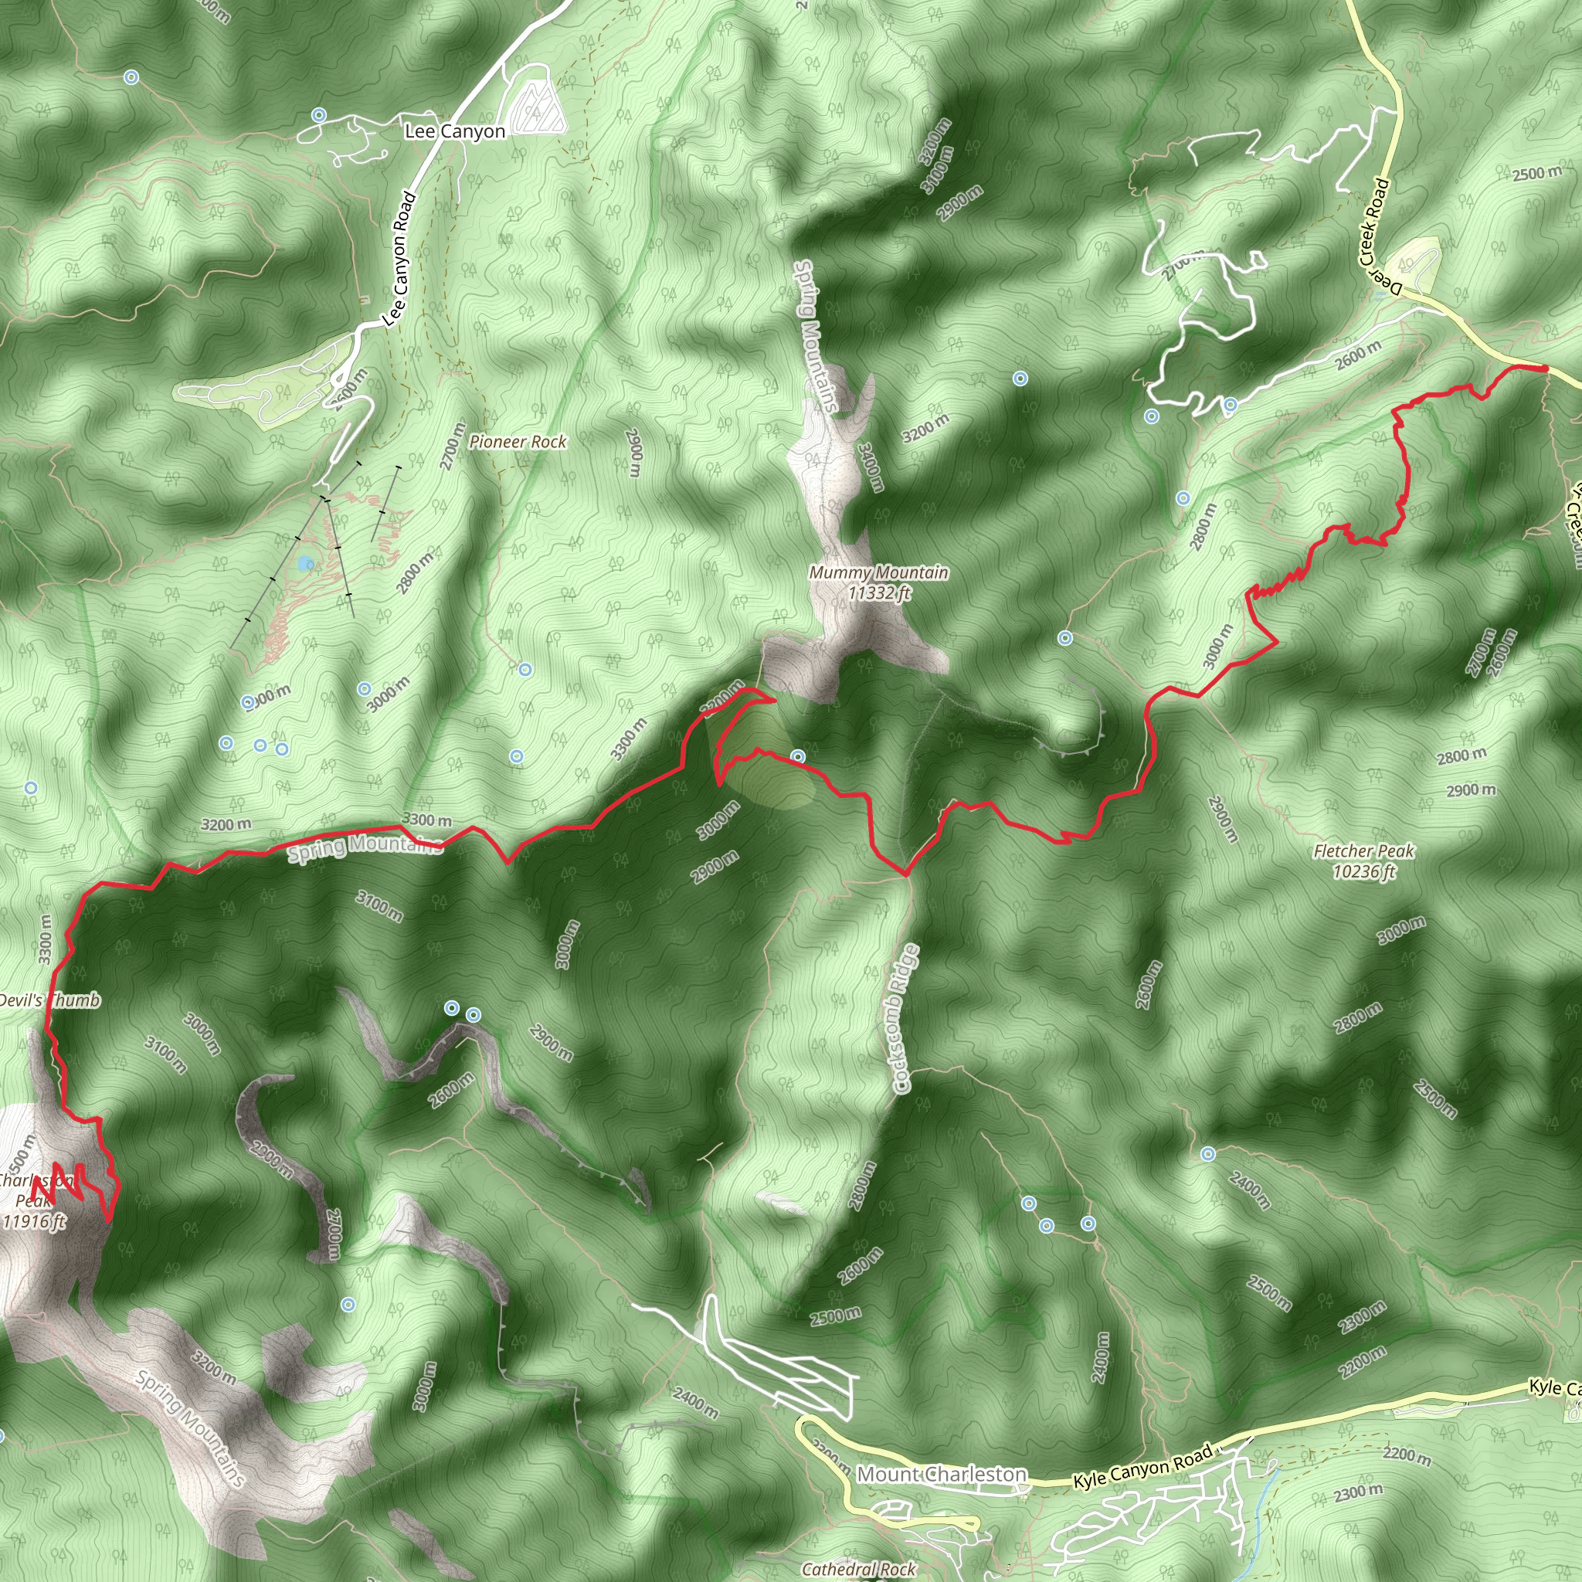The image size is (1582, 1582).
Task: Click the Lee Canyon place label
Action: click(454, 131)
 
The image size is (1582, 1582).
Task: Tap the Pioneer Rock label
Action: click(518, 442)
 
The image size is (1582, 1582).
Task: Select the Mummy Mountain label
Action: click(878, 573)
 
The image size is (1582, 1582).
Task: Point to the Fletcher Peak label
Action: click(1363, 851)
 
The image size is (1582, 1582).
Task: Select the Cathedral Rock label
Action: click(859, 1569)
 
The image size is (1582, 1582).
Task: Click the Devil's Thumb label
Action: click(49, 1000)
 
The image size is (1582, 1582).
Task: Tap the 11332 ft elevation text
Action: click(879, 592)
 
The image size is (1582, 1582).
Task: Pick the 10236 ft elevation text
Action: click(1363, 871)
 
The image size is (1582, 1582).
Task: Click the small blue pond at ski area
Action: click(306, 563)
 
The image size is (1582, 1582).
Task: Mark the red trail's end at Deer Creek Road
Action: click(1544, 368)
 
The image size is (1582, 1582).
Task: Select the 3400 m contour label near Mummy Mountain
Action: click(871, 467)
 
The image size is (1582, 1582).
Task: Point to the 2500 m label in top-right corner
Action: click(1536, 174)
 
